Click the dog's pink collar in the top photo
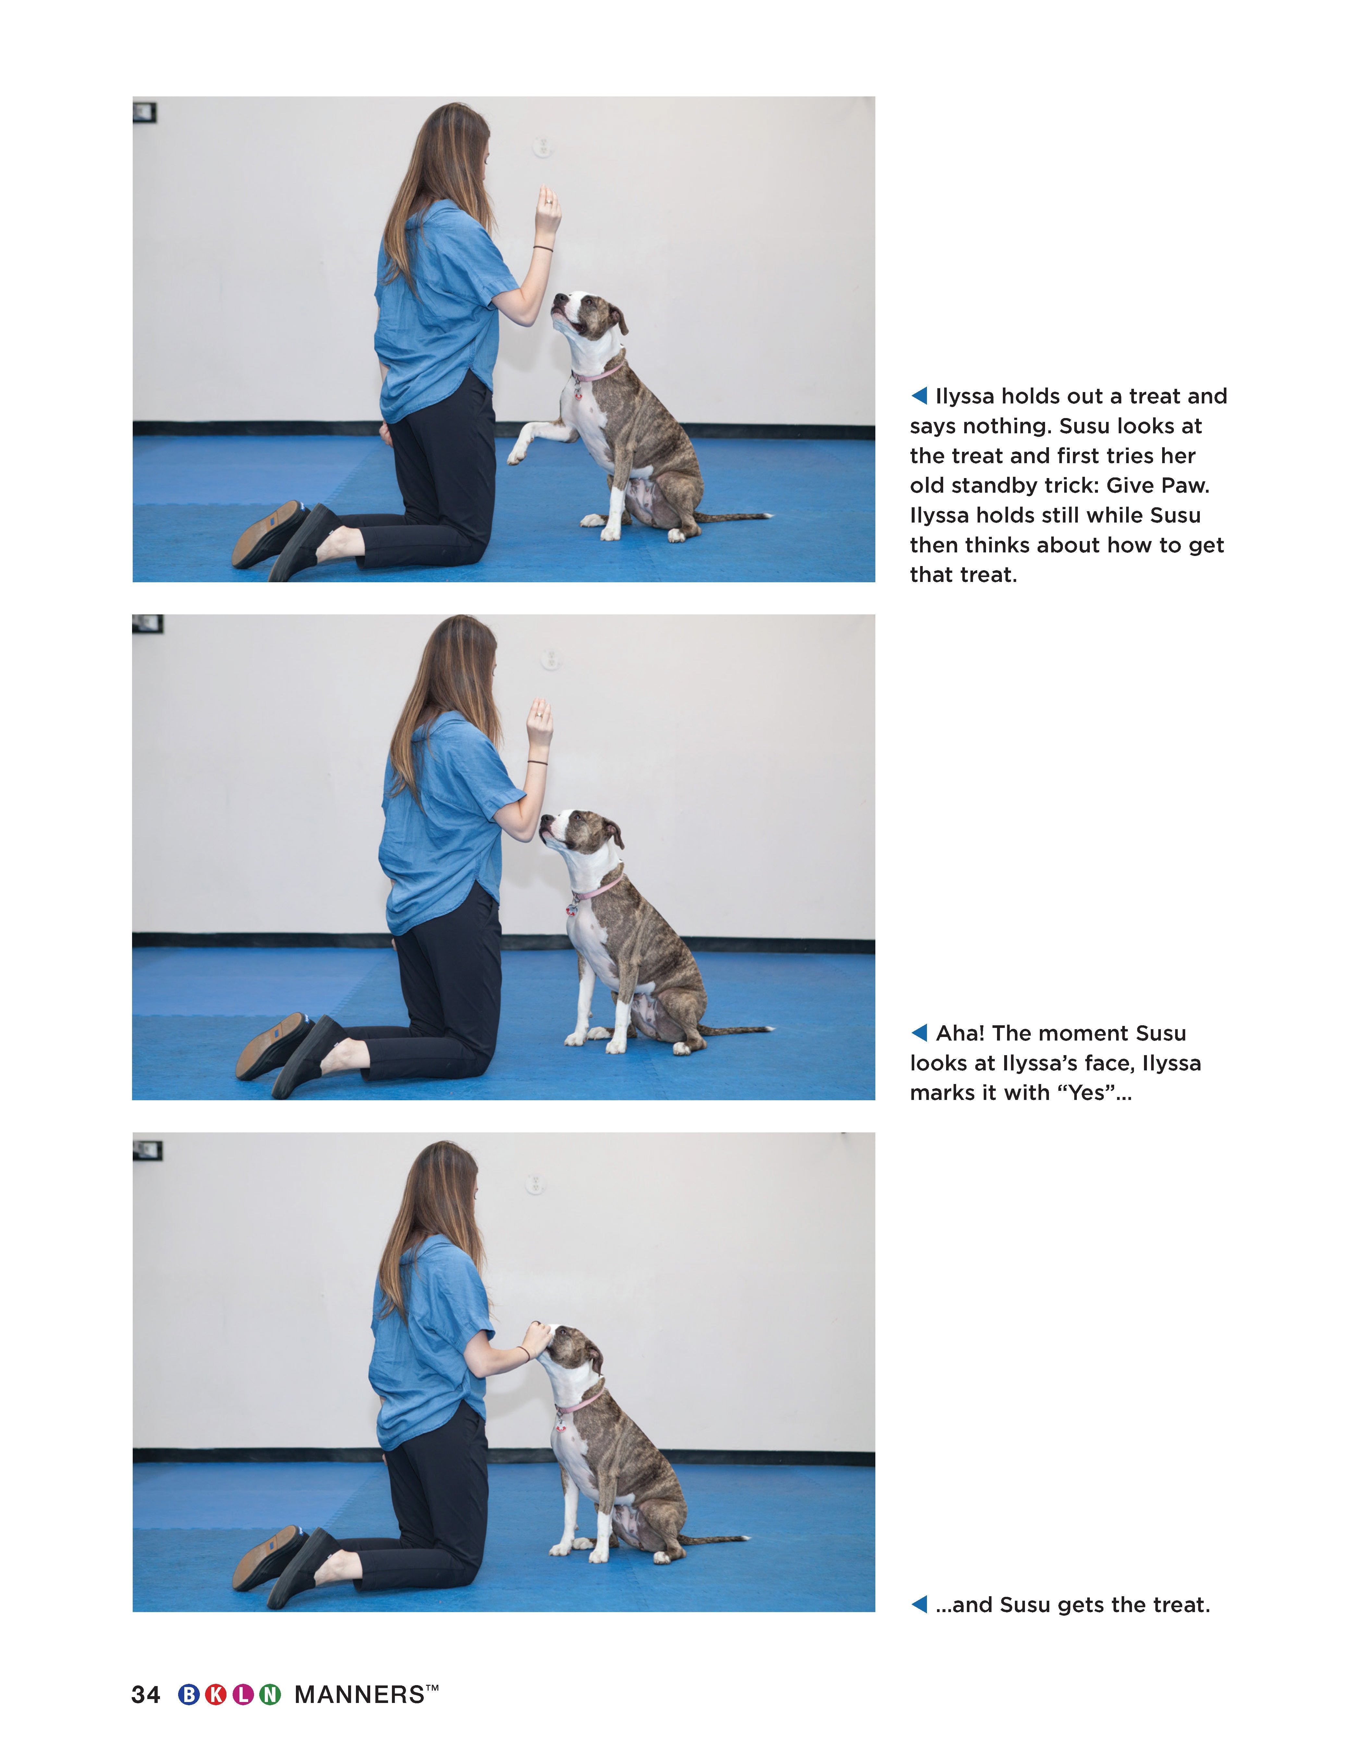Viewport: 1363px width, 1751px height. tap(597, 373)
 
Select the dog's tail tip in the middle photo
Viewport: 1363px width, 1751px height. tap(769, 1028)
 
